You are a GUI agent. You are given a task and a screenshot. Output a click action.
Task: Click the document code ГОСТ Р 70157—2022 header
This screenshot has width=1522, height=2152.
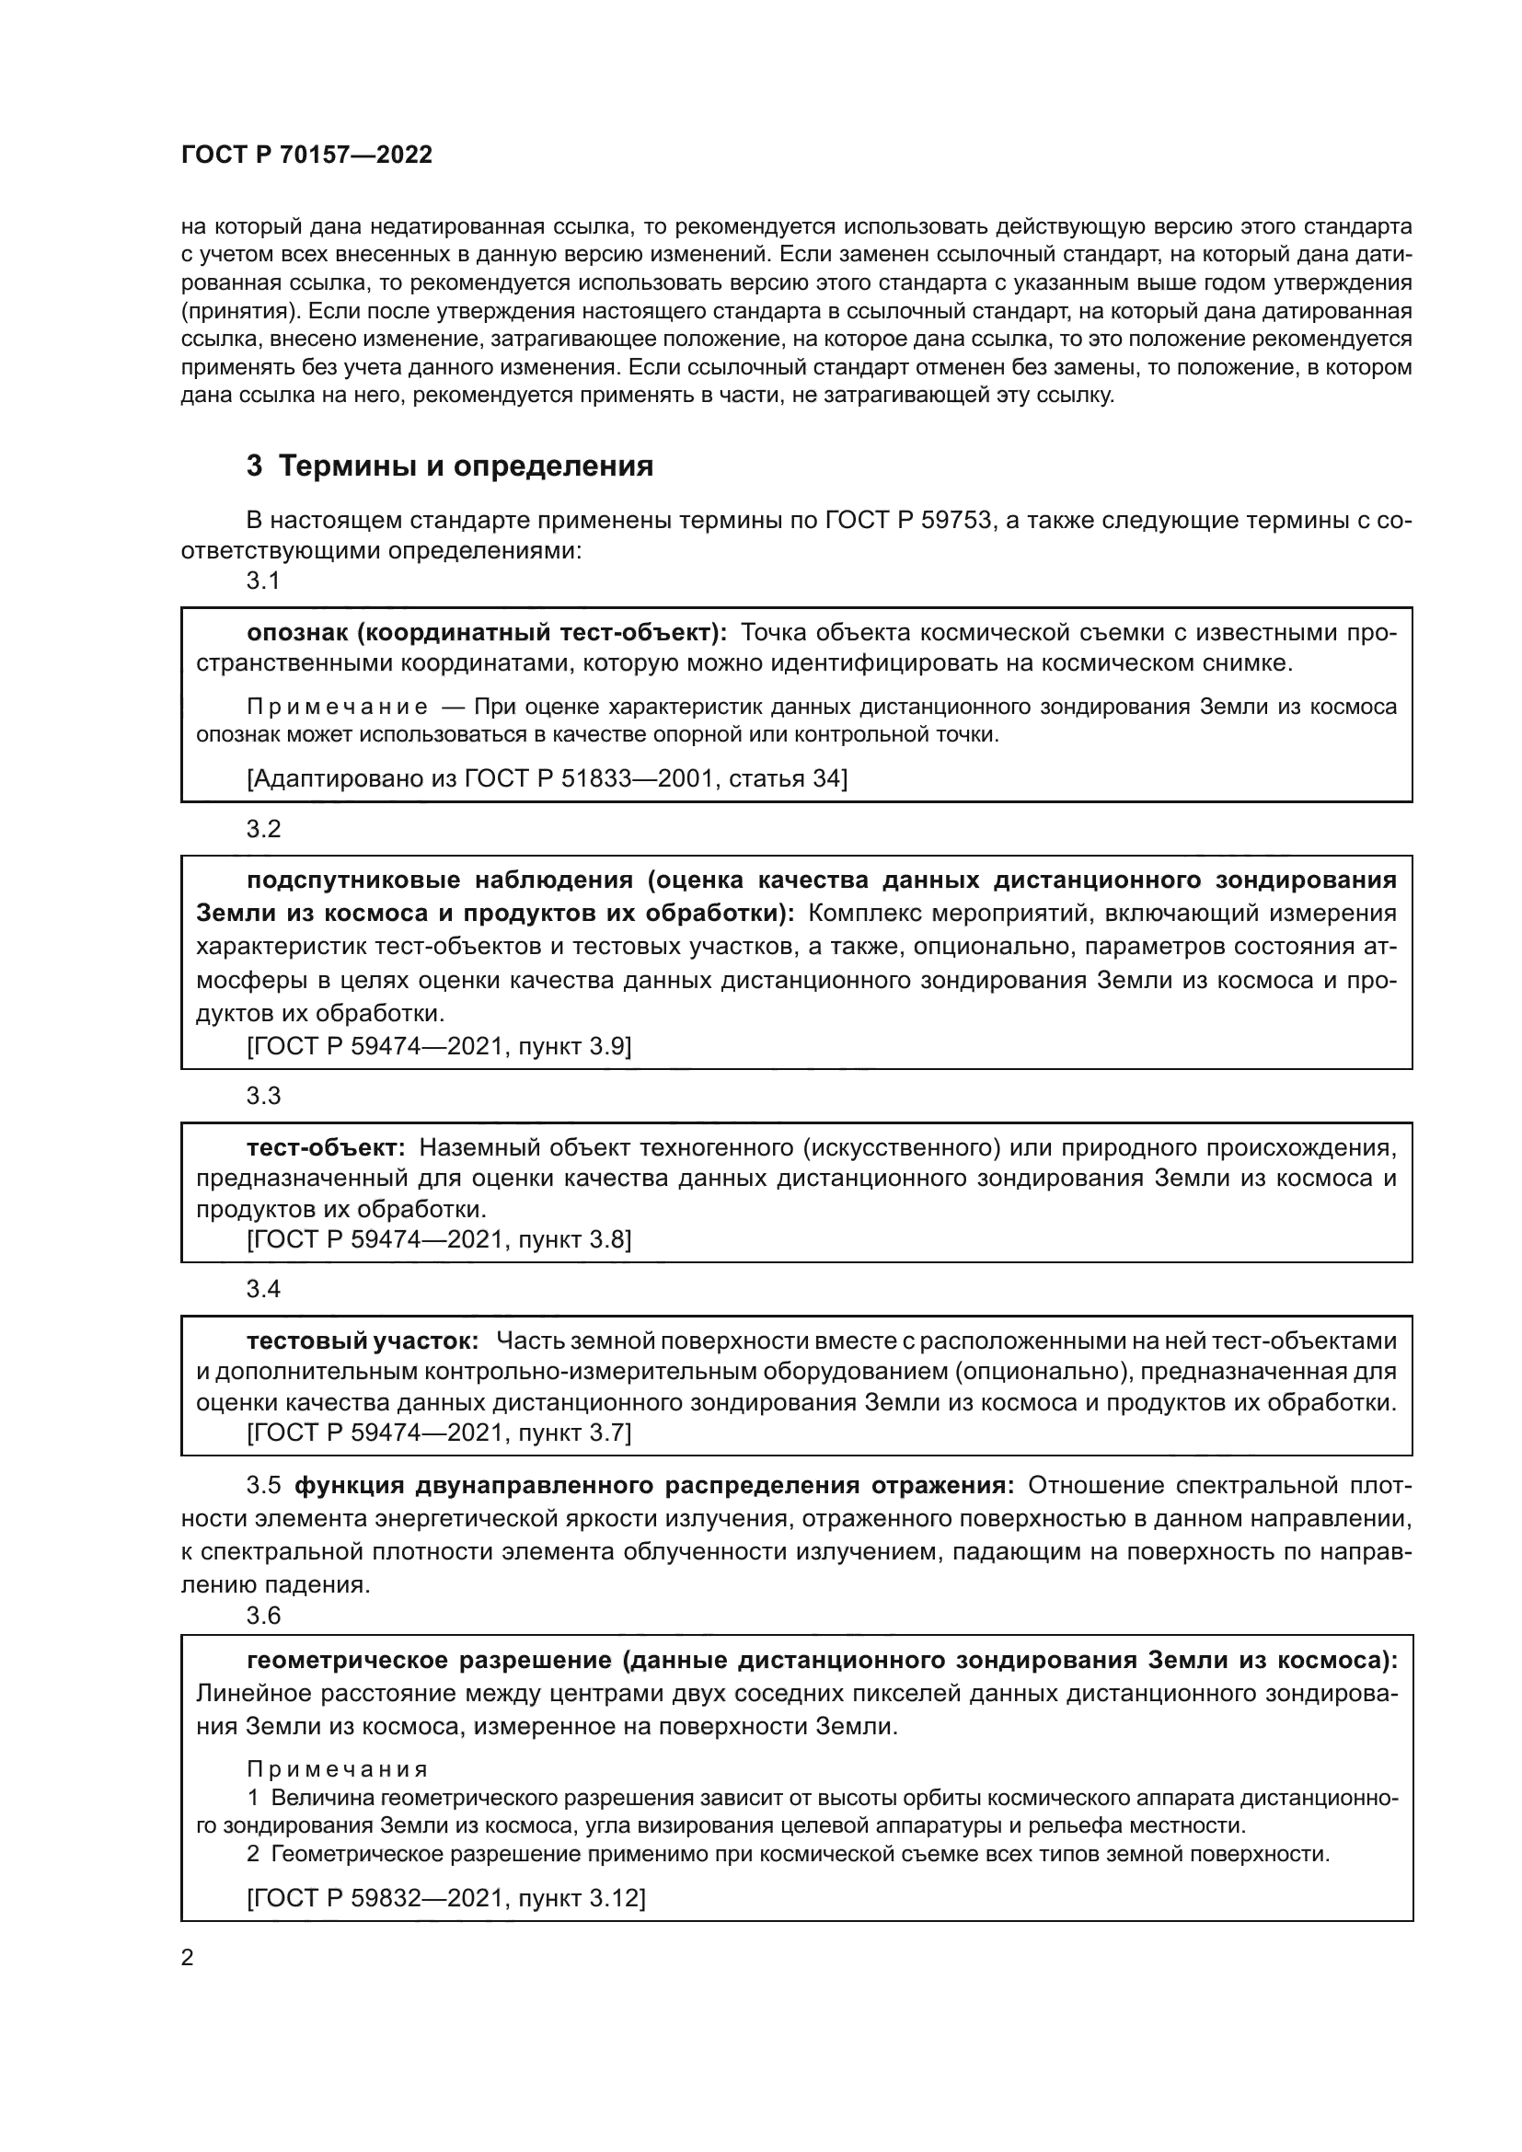(306, 155)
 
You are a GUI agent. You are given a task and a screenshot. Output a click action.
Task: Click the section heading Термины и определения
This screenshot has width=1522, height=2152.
(466, 466)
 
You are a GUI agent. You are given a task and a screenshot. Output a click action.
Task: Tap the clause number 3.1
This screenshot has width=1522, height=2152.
(263, 581)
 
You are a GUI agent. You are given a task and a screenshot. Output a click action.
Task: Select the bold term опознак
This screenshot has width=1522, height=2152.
(299, 633)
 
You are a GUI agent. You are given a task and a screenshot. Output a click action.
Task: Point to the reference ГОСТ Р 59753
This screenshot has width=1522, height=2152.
(908, 520)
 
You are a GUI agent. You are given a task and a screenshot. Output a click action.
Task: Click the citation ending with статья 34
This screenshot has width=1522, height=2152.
(547, 778)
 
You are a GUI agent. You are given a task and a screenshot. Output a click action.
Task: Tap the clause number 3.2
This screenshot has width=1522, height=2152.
(263, 829)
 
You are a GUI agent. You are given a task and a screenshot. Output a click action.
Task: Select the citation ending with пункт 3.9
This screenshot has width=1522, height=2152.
(439, 1046)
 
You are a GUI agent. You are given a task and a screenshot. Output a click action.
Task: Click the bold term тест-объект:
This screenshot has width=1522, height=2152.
(325, 1147)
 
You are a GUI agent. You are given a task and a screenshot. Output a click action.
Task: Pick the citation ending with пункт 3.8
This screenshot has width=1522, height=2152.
(439, 1240)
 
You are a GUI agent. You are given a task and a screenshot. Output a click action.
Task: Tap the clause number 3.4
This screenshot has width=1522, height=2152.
(263, 1289)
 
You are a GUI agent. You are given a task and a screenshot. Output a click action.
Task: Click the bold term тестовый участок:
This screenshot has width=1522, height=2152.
(363, 1341)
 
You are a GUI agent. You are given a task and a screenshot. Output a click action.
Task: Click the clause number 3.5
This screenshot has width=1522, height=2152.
(263, 1486)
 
